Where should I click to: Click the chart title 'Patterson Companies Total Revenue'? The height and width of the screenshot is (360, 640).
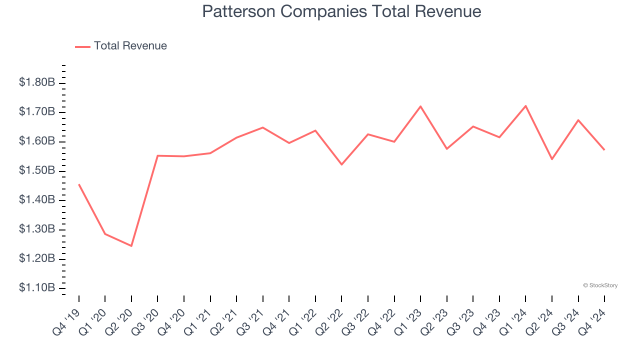tap(341, 11)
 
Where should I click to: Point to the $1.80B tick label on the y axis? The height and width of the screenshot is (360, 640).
tap(37, 82)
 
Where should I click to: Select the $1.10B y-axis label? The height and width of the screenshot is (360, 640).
tap(37, 288)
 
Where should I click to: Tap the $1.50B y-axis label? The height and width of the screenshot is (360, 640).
tap(37, 171)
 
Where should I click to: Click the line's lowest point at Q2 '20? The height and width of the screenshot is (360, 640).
tap(131, 246)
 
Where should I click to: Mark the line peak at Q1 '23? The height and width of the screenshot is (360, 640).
tap(420, 106)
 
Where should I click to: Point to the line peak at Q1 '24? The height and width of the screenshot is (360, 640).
tap(525, 105)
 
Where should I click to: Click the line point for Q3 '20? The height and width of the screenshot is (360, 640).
tap(157, 155)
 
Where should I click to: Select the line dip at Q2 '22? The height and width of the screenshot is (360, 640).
tap(341, 164)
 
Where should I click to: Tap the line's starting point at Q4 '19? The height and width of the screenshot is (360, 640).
tap(79, 184)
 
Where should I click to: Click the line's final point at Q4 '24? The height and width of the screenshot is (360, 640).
tap(604, 150)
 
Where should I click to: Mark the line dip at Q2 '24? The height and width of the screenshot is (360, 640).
tap(552, 159)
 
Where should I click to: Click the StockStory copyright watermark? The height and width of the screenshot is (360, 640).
tap(600, 285)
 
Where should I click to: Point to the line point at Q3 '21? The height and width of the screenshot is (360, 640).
tap(263, 127)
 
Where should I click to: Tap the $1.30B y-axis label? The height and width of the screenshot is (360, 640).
tap(37, 229)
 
